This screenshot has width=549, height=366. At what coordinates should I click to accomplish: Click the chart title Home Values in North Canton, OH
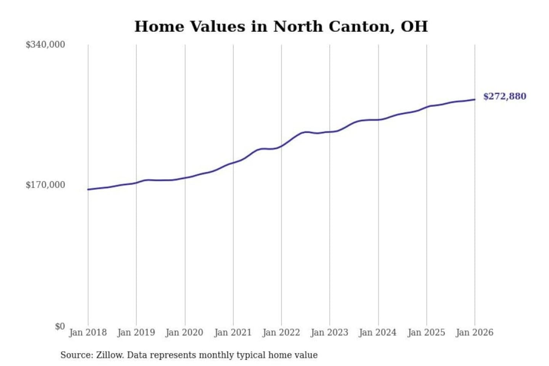281,26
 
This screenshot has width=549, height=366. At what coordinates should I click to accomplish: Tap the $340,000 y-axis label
45,45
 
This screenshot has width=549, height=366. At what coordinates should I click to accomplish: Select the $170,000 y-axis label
45,185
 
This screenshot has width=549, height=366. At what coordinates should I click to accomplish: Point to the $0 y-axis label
59,326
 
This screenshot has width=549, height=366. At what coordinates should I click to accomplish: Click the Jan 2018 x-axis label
88,332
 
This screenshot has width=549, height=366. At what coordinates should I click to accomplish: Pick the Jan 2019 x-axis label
136,332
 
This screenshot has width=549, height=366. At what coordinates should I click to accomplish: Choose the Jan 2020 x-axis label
184,332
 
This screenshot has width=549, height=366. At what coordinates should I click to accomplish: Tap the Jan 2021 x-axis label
233,332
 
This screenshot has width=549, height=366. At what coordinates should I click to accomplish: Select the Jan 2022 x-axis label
281,332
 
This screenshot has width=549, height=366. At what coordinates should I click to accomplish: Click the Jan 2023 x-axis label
329,332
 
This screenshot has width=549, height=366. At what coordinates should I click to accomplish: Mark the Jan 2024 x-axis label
377,332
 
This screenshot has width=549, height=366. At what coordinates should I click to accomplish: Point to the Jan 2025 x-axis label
426,332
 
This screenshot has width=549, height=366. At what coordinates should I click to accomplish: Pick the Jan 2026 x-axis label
474,332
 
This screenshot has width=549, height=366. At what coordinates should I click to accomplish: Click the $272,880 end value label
504,96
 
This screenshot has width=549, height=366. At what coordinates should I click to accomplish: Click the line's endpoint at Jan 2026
475,100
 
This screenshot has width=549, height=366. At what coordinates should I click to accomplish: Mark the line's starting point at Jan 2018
88,189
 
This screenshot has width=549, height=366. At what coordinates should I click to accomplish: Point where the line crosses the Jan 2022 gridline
282,146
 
